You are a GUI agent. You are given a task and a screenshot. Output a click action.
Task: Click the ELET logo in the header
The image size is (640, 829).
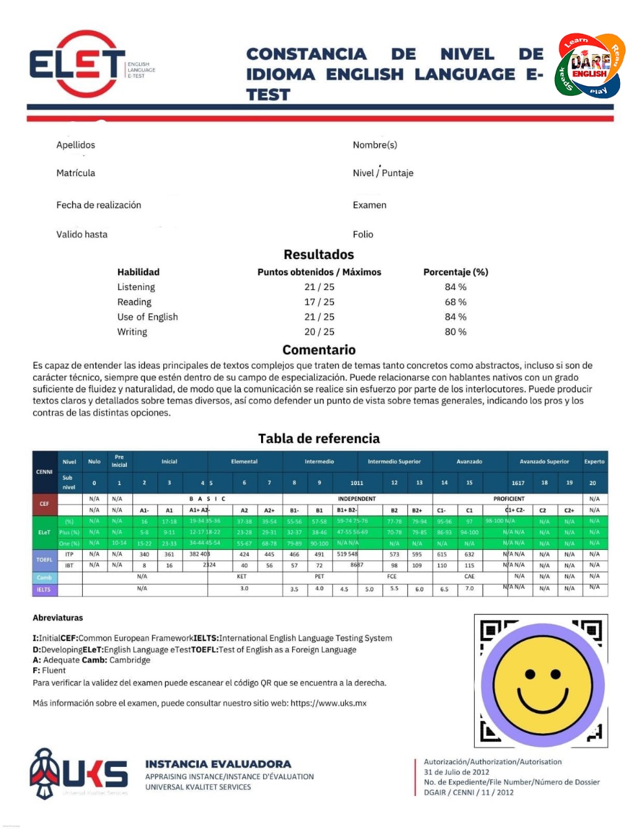coord(78,64)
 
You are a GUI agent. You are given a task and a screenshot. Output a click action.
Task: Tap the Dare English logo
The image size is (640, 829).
coord(589,65)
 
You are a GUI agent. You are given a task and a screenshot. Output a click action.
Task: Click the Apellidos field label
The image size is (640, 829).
coord(76,145)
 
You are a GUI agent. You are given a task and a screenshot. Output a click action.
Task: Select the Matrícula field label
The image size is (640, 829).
coord(76,173)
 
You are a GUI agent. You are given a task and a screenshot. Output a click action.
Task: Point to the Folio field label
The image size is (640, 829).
coord(363,234)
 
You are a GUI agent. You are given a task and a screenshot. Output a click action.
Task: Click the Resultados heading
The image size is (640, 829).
coord(319,255)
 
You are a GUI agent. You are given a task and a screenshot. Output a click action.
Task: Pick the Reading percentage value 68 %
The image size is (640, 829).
coord(455,302)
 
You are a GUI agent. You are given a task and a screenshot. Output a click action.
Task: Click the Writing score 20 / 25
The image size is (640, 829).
coord(319,332)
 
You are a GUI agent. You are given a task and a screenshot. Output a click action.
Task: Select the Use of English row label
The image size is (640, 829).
coord(148,317)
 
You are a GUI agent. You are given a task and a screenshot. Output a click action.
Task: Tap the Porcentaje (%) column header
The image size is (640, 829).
coord(455,272)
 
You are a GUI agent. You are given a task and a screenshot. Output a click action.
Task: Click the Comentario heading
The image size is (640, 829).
coord(319,350)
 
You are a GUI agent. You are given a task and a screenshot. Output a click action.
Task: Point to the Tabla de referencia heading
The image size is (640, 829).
coord(319,438)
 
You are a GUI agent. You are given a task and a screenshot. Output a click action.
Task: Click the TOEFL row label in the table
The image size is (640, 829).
coord(44,560)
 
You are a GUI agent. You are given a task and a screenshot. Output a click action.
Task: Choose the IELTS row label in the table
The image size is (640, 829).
coord(44,589)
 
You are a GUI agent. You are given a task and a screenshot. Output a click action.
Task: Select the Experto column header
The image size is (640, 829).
coord(594,462)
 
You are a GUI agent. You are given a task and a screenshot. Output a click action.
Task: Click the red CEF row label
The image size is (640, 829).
coord(44,503)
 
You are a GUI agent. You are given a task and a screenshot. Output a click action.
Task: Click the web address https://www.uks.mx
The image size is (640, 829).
coord(328,703)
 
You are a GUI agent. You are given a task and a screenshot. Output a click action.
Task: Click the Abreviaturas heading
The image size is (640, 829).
coord(58,618)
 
